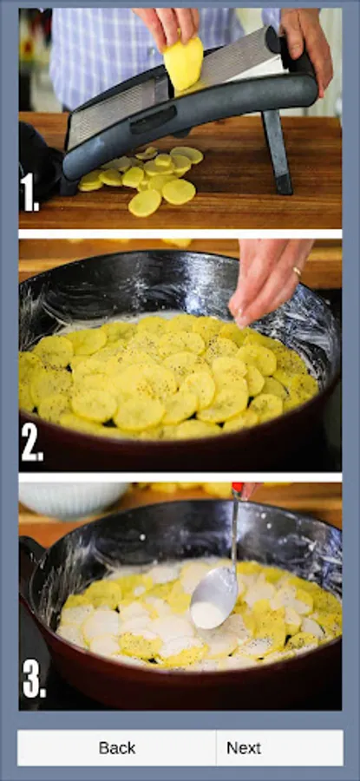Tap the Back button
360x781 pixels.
pyautogui.click(x=116, y=747)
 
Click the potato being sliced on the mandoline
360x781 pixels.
pyautogui.click(x=183, y=62)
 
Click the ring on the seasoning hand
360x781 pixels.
pyautogui.click(x=297, y=272)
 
